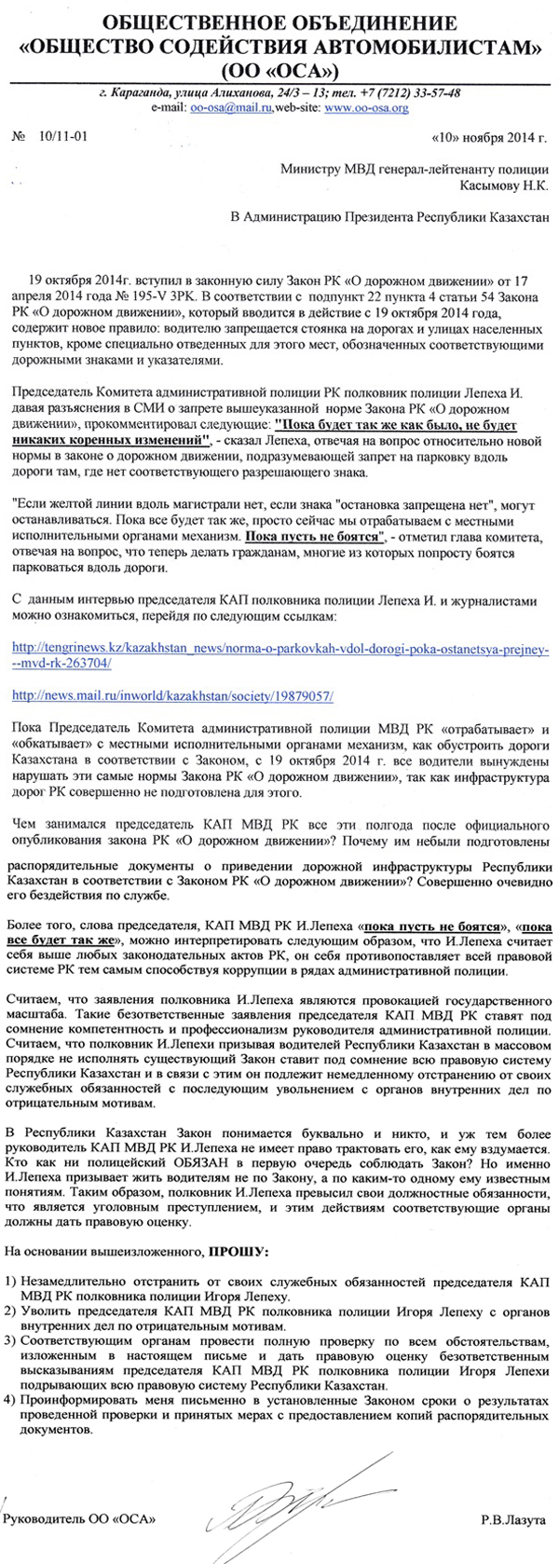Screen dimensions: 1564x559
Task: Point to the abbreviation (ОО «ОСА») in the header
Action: click(279, 71)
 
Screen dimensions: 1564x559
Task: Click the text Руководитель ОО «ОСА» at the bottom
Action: click(80, 1519)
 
